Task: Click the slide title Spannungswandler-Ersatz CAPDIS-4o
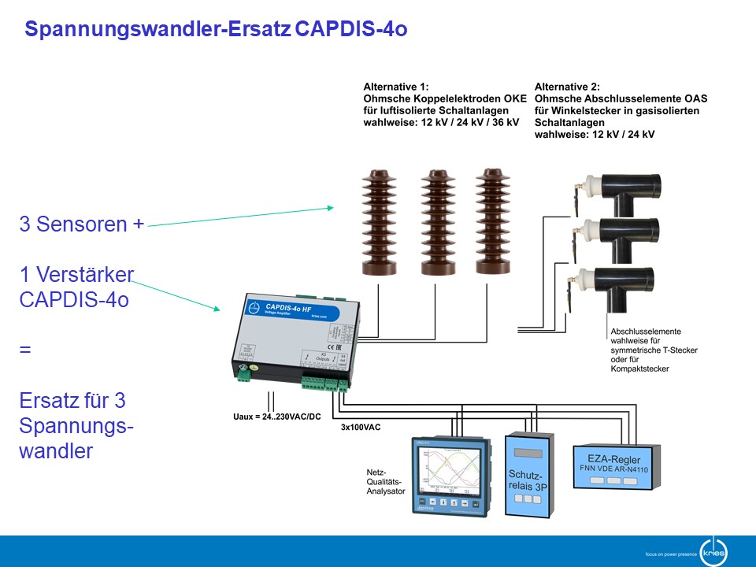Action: [216, 30]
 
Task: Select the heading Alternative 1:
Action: [397, 87]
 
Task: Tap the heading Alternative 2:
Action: [567, 87]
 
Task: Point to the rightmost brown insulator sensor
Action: [493, 220]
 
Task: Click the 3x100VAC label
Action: [361, 428]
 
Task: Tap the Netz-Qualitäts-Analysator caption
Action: [386, 481]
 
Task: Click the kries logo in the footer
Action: [713, 550]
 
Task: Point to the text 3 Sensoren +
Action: [82, 224]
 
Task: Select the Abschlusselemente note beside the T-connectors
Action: [654, 350]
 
